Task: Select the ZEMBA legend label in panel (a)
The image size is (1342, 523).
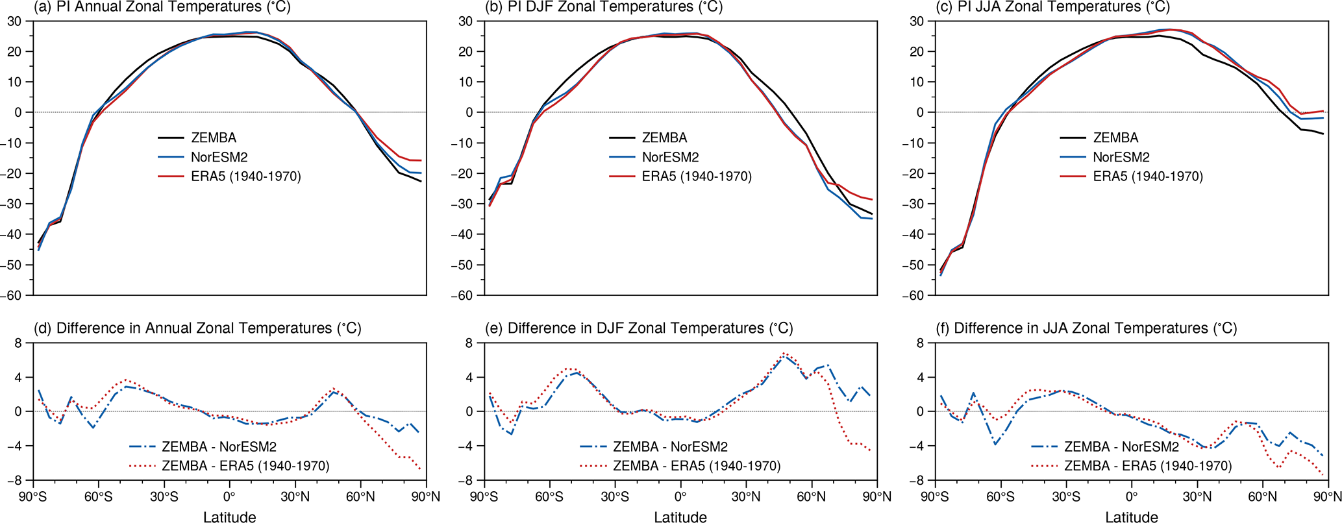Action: click(x=214, y=138)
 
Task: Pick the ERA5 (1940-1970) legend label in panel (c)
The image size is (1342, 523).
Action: click(x=1148, y=176)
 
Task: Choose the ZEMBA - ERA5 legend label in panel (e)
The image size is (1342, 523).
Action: click(x=696, y=466)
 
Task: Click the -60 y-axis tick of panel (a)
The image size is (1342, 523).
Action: click(x=14, y=295)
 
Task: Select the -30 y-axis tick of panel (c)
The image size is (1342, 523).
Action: click(x=916, y=204)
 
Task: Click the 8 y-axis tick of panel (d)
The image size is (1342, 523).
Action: click(x=19, y=343)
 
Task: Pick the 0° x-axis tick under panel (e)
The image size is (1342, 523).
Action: click(x=680, y=498)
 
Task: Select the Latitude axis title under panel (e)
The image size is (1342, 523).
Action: click(x=680, y=517)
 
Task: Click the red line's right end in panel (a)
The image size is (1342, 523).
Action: click(x=421, y=160)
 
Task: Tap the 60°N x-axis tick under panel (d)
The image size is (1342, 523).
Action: click(x=360, y=498)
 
